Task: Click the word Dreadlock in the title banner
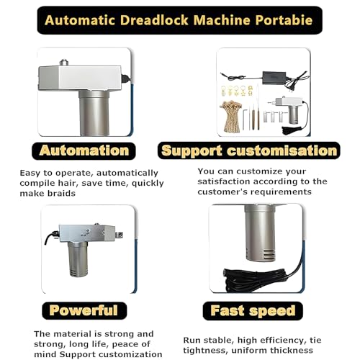click(154, 20)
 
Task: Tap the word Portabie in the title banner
click(284, 20)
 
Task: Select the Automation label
click(84, 150)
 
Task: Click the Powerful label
click(84, 310)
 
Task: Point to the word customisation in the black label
click(282, 150)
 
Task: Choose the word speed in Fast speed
click(272, 311)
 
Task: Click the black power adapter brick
click(274, 77)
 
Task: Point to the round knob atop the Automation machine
click(64, 62)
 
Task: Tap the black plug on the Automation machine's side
click(125, 78)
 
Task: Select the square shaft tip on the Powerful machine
click(120, 235)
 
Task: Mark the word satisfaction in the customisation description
click(224, 181)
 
